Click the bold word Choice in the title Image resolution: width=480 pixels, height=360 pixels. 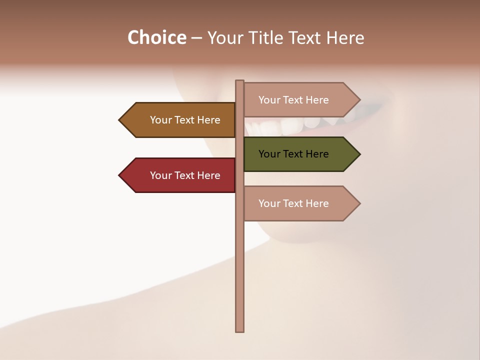(x=156, y=37)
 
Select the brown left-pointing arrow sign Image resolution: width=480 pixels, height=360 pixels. (x=180, y=120)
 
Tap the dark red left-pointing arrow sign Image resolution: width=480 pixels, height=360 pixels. (x=180, y=175)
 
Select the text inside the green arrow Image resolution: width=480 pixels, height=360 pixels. (x=293, y=154)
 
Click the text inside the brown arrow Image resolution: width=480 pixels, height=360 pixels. (x=185, y=120)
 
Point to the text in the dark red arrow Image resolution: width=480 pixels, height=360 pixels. (x=185, y=175)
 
